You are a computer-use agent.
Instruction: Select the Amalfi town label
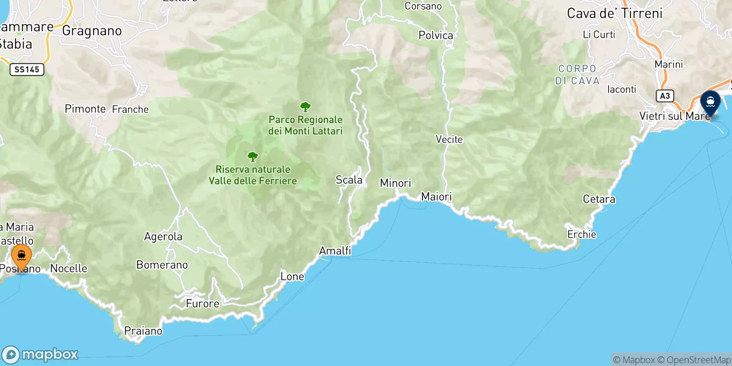[335, 251]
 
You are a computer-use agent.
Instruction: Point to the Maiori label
[436, 197]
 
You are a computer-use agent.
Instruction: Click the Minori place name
[395, 183]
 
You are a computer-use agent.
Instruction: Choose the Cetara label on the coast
[599, 199]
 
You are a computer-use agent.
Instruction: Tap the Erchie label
[581, 234]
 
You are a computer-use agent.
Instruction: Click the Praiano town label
[143, 331]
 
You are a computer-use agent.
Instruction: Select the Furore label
[202, 304]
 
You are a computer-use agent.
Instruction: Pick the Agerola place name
[163, 237]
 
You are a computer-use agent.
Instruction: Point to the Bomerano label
[162, 265]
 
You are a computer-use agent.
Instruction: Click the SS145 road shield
[27, 70]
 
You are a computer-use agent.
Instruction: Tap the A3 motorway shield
[665, 96]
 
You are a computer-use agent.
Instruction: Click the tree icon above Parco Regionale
[305, 108]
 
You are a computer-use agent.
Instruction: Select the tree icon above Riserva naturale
[253, 157]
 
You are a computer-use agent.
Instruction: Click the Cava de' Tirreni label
[614, 14]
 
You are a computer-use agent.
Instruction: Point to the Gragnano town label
[92, 31]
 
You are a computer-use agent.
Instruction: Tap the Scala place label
[349, 180]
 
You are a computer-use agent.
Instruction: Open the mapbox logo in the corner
[40, 355]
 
